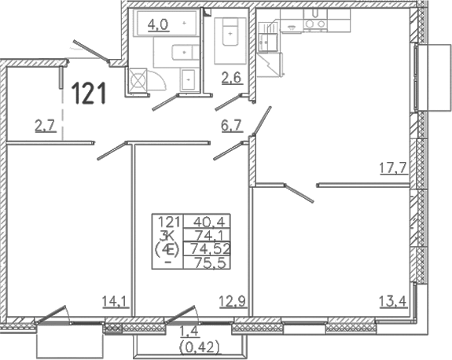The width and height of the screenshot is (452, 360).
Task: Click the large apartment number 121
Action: click(x=89, y=93)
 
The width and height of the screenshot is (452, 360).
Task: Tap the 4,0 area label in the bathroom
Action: click(x=157, y=25)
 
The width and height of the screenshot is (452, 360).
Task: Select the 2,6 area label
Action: click(x=231, y=78)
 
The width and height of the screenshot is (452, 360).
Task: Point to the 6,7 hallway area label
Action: click(x=231, y=127)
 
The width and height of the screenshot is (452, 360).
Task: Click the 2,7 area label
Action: click(x=46, y=127)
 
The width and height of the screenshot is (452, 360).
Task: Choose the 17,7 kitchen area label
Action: click(x=393, y=168)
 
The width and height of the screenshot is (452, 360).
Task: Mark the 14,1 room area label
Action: click(x=116, y=302)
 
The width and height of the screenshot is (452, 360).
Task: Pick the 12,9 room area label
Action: click(x=233, y=303)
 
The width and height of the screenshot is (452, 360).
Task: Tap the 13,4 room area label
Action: click(x=393, y=302)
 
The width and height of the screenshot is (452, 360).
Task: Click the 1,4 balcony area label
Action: click(x=189, y=332)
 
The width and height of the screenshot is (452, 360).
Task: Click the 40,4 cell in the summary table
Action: click(x=207, y=222)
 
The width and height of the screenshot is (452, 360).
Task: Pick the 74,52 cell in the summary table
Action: click(x=207, y=248)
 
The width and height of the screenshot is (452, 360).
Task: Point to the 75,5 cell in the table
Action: click(x=207, y=263)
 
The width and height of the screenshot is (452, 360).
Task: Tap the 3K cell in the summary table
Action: click(x=167, y=235)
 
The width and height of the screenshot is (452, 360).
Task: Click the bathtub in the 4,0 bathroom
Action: click(x=167, y=23)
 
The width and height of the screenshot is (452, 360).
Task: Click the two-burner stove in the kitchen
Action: click(x=314, y=24)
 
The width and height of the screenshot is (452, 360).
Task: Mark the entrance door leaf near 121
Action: click(x=91, y=50)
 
